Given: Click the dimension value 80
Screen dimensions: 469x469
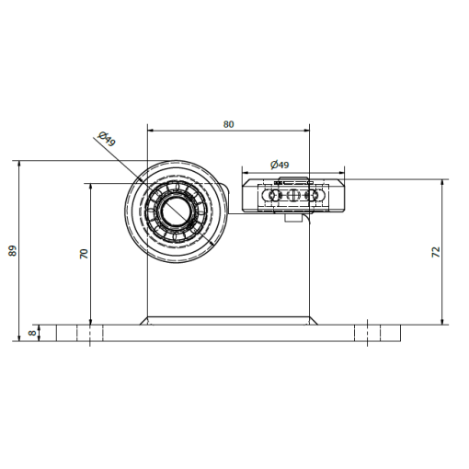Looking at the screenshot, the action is tap(228, 124).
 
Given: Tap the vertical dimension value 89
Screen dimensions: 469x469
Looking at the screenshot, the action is tap(13, 250).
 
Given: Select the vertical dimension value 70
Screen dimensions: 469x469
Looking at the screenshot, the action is tap(84, 254).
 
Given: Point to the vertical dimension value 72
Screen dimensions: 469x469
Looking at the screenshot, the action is tap(436, 252).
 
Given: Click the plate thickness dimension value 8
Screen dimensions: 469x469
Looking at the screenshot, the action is tap(32, 333).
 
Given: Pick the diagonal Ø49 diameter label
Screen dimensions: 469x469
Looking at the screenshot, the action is tap(107, 139).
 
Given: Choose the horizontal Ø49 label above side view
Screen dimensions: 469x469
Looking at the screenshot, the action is tap(280, 165).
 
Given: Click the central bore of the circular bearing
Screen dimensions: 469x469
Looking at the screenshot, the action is tap(176, 211).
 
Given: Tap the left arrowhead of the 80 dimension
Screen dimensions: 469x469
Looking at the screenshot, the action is tap(150, 131).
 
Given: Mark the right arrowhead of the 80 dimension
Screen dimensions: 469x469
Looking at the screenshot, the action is tap(306, 131).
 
